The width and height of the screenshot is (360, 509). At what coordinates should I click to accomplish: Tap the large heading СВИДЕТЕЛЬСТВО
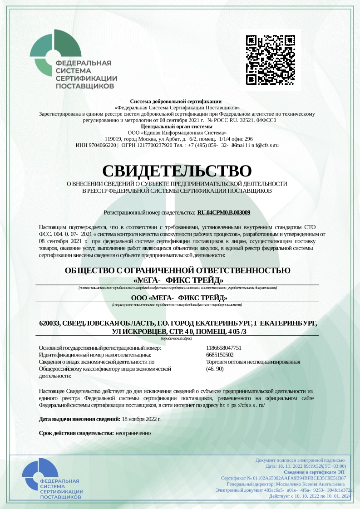pyautogui.click(x=177, y=171)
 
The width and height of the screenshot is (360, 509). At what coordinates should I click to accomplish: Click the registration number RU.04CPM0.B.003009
pyautogui.click(x=224, y=212)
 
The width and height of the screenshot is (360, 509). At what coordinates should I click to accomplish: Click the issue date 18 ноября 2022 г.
pyautogui.click(x=141, y=419)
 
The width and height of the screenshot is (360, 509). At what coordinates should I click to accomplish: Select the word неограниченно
pyautogui.click(x=133, y=433)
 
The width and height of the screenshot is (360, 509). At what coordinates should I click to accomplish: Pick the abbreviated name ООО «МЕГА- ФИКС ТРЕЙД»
pyautogui.click(x=179, y=298)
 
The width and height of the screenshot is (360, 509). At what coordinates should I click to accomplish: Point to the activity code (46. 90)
pyautogui.click(x=215, y=369)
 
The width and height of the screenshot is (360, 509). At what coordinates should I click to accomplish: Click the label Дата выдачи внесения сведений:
pyautogui.click(x=80, y=419)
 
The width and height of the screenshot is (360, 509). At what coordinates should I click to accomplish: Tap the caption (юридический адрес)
pyautogui.click(x=177, y=338)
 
